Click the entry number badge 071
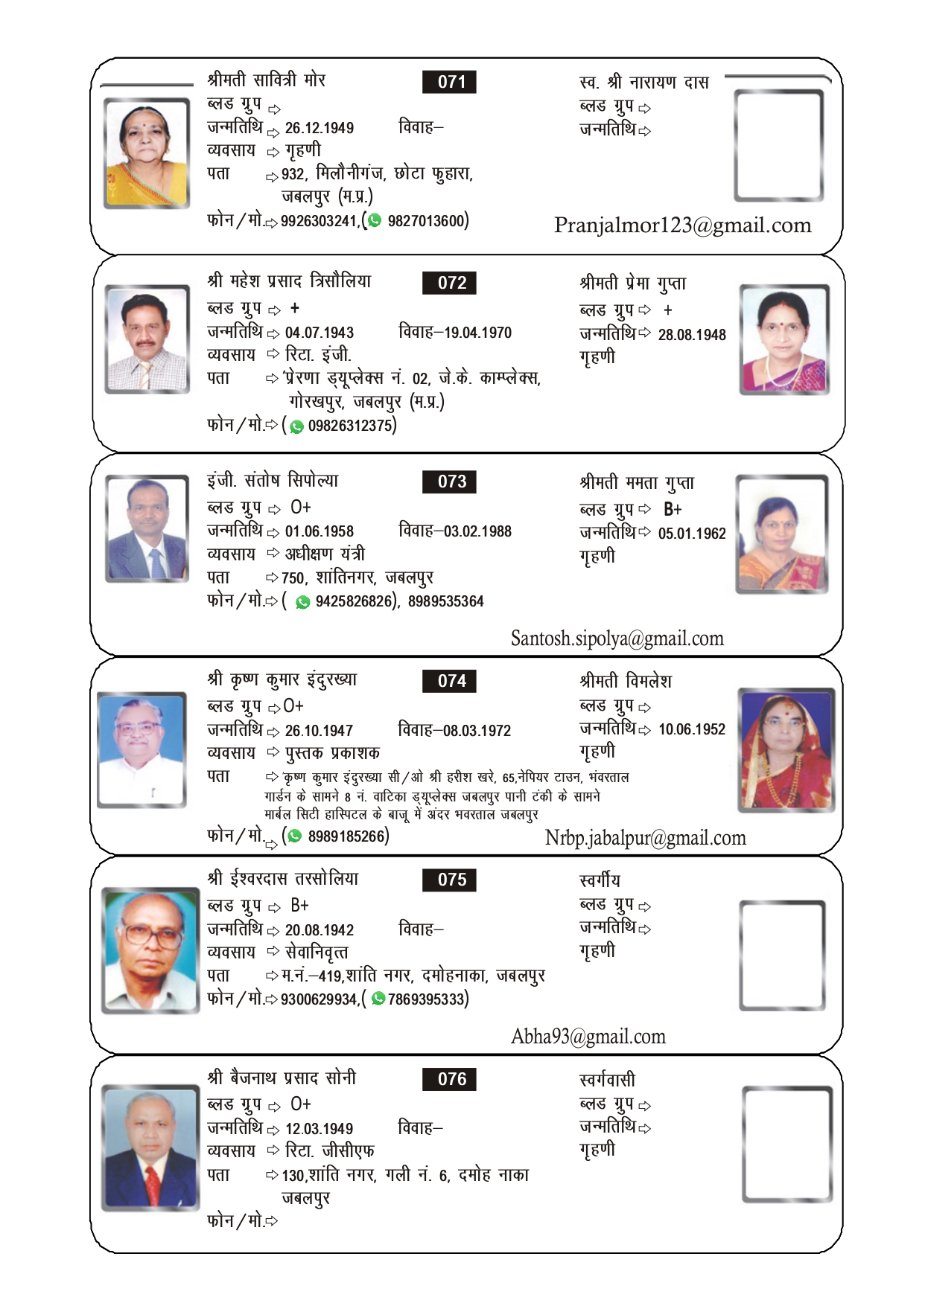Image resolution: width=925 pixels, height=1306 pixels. click(x=449, y=82)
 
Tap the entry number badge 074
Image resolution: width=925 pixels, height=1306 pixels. click(x=449, y=681)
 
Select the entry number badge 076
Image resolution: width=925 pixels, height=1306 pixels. click(x=449, y=1079)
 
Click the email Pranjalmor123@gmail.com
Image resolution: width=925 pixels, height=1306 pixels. click(x=682, y=225)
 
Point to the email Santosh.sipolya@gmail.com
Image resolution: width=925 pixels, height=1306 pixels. click(x=617, y=638)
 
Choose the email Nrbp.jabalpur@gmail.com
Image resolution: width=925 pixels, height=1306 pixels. click(x=645, y=838)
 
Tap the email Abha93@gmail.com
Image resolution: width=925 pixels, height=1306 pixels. click(x=588, y=1037)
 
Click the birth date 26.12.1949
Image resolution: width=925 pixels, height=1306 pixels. click(x=319, y=128)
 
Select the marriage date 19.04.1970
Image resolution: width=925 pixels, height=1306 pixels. click(x=477, y=333)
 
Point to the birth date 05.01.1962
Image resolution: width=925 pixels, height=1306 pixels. click(x=691, y=534)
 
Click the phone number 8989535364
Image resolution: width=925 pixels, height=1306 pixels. click(x=445, y=601)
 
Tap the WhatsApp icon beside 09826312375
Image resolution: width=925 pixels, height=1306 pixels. click(x=297, y=426)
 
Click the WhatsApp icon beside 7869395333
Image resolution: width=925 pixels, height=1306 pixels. click(x=378, y=999)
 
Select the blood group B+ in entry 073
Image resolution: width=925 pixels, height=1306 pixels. click(x=673, y=510)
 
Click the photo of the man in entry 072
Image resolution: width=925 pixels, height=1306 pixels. click(x=147, y=339)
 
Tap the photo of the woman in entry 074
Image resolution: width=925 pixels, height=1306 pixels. click(x=786, y=749)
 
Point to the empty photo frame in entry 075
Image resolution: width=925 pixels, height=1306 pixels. click(x=782, y=955)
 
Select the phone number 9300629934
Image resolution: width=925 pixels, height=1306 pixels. click(x=319, y=999)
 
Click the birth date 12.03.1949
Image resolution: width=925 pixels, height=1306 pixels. click(x=319, y=1129)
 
